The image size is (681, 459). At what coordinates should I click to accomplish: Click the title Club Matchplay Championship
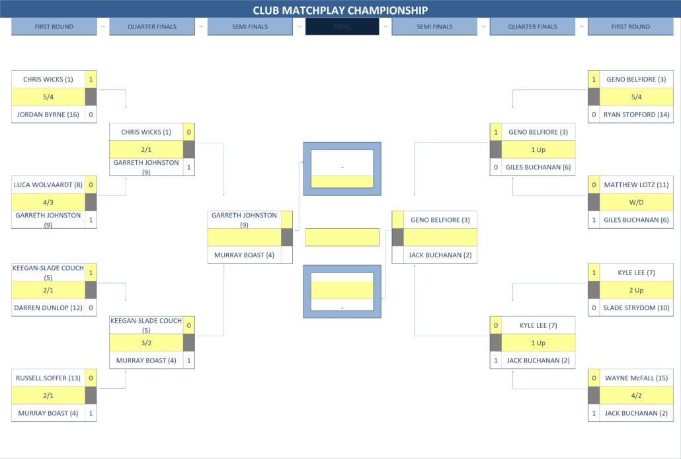point(340,10)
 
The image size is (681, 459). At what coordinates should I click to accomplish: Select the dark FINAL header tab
point(342,27)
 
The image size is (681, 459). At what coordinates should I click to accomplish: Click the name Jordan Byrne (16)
point(48,114)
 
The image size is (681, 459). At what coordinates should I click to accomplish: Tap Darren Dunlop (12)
point(48,308)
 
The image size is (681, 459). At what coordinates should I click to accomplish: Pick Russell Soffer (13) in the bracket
point(48,378)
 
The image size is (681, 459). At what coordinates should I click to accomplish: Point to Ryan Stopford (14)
point(635,114)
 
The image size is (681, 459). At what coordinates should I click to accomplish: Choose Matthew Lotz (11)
point(635,185)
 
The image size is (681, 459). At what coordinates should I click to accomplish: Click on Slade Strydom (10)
point(635,308)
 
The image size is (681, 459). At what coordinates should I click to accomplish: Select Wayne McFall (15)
point(635,378)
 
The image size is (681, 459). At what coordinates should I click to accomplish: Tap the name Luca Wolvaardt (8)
point(48,185)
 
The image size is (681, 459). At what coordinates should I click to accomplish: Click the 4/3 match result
point(48,202)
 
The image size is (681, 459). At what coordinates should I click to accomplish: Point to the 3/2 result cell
point(146,343)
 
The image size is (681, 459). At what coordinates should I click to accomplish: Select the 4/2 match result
point(635,396)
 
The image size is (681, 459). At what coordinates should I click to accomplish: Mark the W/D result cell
point(635,202)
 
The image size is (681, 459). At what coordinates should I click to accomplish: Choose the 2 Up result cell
point(635,290)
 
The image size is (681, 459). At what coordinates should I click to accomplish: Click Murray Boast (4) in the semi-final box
point(243,255)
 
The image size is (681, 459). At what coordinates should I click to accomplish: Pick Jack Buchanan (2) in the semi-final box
point(440,255)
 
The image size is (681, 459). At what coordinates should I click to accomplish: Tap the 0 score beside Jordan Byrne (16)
point(91,114)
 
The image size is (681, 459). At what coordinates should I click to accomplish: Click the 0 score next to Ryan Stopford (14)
point(594,114)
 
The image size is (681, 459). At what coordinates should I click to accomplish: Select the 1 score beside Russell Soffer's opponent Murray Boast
point(91,413)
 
